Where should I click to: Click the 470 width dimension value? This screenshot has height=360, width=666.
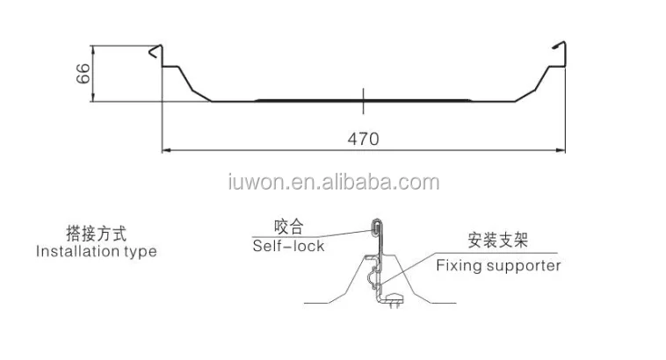coord(361,140)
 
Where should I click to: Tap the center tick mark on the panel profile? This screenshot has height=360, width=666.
coord(363,98)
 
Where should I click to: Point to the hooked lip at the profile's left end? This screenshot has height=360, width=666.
coord(156,52)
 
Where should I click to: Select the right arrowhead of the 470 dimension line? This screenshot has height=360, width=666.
coord(559,150)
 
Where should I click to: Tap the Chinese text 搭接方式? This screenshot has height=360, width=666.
coord(96,234)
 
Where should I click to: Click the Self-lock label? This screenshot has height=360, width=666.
coord(288,246)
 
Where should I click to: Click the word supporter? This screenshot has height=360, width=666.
coord(524,265)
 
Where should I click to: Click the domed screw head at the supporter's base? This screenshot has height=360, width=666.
coord(395,295)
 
